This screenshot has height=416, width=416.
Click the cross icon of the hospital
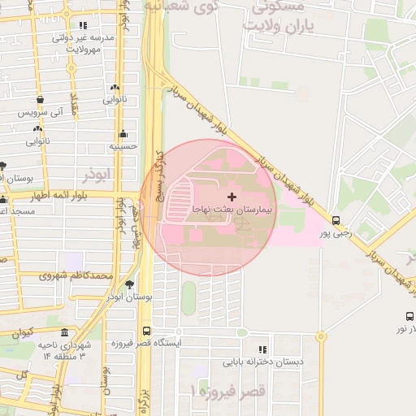point(232,197)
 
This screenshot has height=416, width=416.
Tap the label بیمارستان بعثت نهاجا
point(234,210)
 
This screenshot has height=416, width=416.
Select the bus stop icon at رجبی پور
point(336,219)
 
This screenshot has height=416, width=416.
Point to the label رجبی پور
point(336,233)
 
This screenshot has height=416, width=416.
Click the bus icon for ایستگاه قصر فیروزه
point(146,331)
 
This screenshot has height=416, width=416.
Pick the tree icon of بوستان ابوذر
point(129,284)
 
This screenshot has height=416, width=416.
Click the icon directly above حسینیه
point(123,133)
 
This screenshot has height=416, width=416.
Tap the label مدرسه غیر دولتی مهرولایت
point(79,43)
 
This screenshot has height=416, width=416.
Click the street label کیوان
point(23,332)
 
